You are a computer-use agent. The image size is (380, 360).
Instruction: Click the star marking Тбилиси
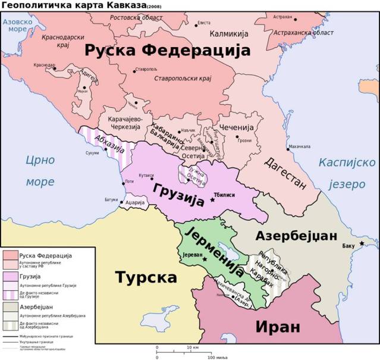212,200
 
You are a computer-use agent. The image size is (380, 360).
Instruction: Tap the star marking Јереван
205,259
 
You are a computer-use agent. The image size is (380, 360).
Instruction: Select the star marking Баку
362,242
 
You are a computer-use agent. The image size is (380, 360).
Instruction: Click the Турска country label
146,277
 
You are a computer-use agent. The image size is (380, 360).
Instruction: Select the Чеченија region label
237,128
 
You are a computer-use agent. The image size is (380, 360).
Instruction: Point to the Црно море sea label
40,170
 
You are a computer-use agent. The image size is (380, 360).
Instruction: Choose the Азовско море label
17,25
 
